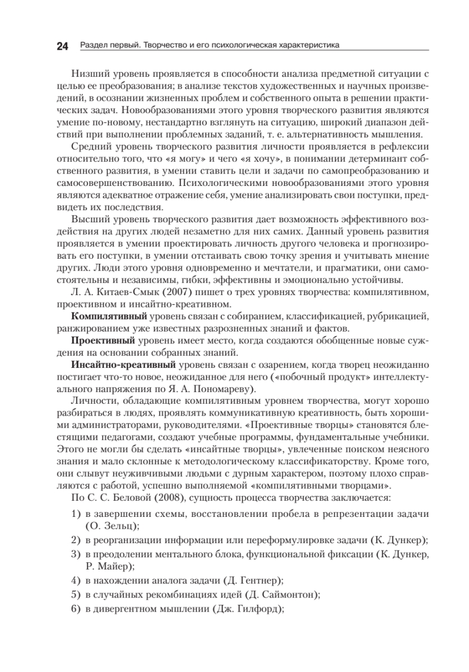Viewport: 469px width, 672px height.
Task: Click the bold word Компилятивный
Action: coord(105,316)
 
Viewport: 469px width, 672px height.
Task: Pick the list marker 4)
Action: coord(76,581)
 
